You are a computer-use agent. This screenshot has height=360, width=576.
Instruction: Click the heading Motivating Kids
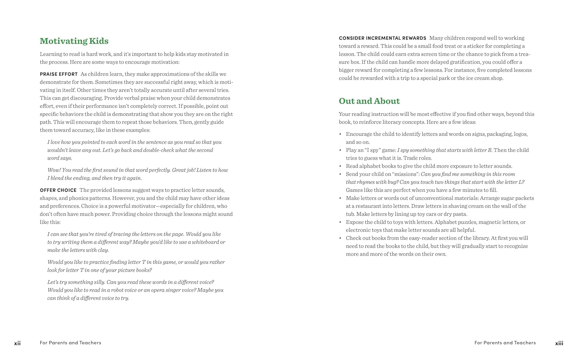(x=74, y=41)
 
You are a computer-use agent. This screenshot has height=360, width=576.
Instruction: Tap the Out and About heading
(x=369, y=101)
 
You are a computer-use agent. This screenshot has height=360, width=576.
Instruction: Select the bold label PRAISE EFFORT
(x=59, y=74)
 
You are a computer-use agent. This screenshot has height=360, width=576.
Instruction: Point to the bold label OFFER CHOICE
(x=58, y=190)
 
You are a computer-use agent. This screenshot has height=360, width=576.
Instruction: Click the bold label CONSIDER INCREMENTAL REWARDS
(x=382, y=38)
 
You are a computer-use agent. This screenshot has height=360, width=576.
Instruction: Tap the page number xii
(x=17, y=343)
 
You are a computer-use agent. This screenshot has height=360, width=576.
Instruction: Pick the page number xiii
(x=559, y=343)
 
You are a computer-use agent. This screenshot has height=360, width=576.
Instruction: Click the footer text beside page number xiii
(x=505, y=343)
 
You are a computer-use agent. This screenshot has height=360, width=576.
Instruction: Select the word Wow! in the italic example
(x=53, y=170)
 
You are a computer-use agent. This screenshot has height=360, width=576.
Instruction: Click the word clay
(x=103, y=250)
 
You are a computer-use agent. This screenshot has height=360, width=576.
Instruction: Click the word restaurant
(x=365, y=206)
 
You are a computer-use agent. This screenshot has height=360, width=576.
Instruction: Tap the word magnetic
(x=492, y=222)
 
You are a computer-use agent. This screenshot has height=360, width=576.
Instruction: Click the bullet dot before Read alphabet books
(x=340, y=166)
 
